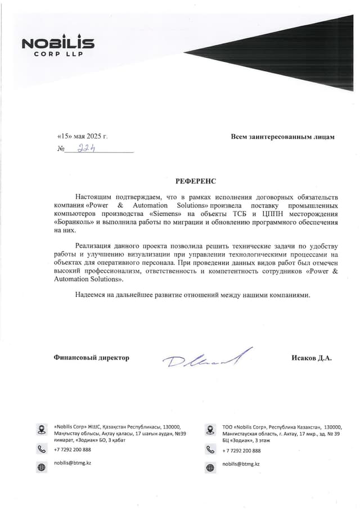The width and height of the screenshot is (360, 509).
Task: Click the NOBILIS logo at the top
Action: coord(58,43)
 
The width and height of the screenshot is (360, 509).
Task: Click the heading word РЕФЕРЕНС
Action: coord(195,182)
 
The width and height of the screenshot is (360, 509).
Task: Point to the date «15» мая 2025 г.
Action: coord(83,137)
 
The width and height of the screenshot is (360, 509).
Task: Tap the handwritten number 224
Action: coord(86,148)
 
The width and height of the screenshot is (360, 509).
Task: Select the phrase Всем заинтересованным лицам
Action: coord(282,137)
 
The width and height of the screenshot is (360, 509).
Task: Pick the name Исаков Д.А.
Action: coord(312,358)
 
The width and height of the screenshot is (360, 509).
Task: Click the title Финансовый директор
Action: coord(91,358)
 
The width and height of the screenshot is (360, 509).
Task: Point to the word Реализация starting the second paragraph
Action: coord(96,246)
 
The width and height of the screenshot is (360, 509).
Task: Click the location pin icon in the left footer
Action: coord(41,430)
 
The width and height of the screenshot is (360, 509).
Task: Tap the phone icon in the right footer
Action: coord(210,450)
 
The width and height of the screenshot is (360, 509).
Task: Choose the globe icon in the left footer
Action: coord(41,467)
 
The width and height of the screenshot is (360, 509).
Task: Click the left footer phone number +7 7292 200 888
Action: coord(73,450)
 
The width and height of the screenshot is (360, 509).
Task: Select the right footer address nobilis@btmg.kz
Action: coord(241,464)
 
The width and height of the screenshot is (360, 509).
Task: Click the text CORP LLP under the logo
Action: coord(58,55)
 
